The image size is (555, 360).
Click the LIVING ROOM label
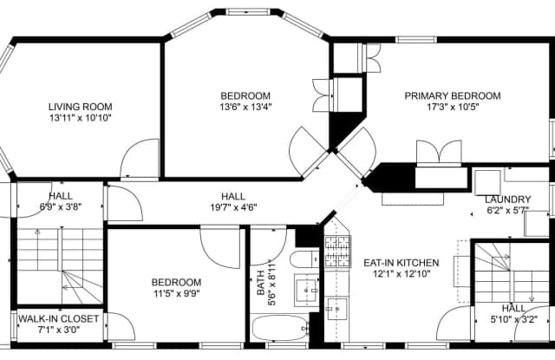coord(80,107)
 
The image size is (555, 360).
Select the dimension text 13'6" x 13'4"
coord(245,108)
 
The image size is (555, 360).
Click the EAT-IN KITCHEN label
coord(401,263)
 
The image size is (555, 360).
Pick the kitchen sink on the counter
coord(336,306)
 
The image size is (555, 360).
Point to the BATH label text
coord(261,287)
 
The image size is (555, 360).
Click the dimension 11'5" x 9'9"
coord(177,293)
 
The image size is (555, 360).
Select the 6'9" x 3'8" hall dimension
coord(60,206)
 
